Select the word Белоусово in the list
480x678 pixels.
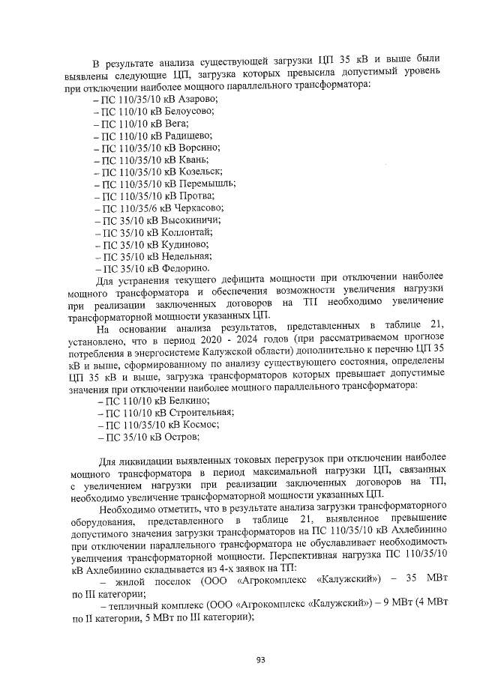point(190,112)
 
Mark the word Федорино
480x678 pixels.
point(185,267)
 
